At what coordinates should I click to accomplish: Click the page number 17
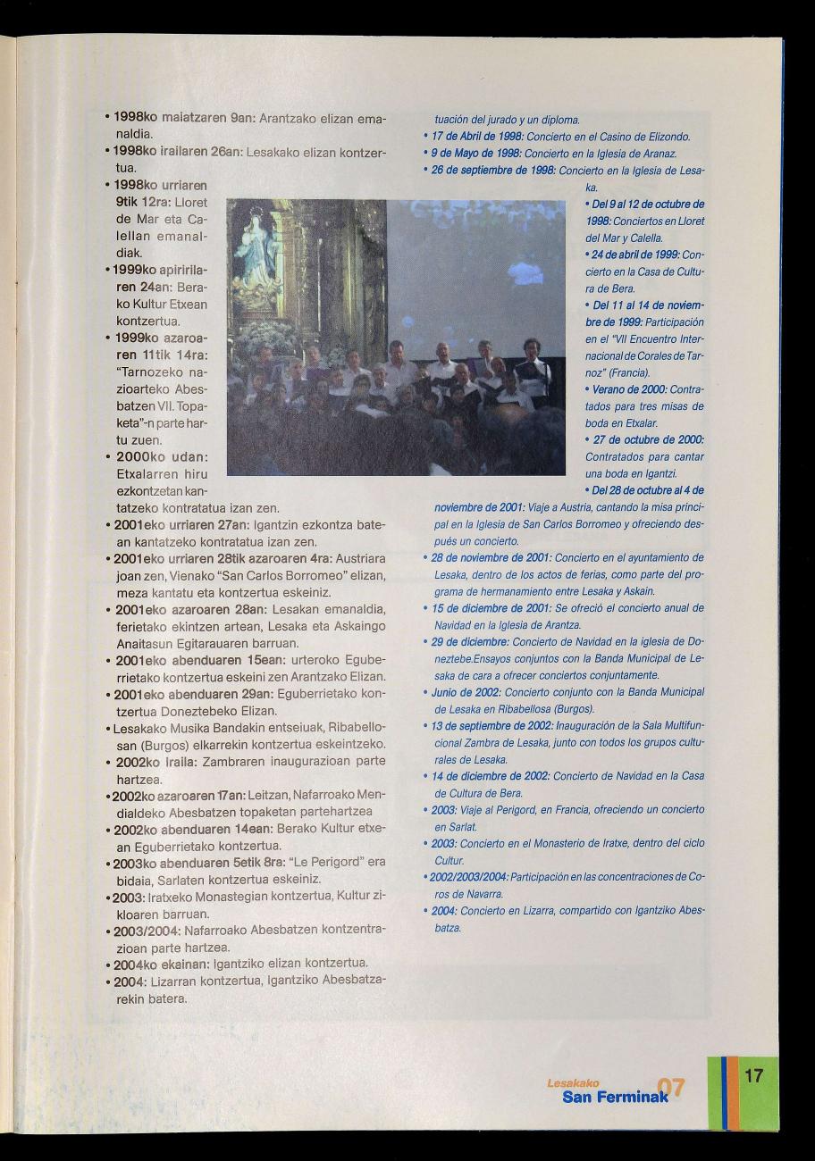click(753, 1074)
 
